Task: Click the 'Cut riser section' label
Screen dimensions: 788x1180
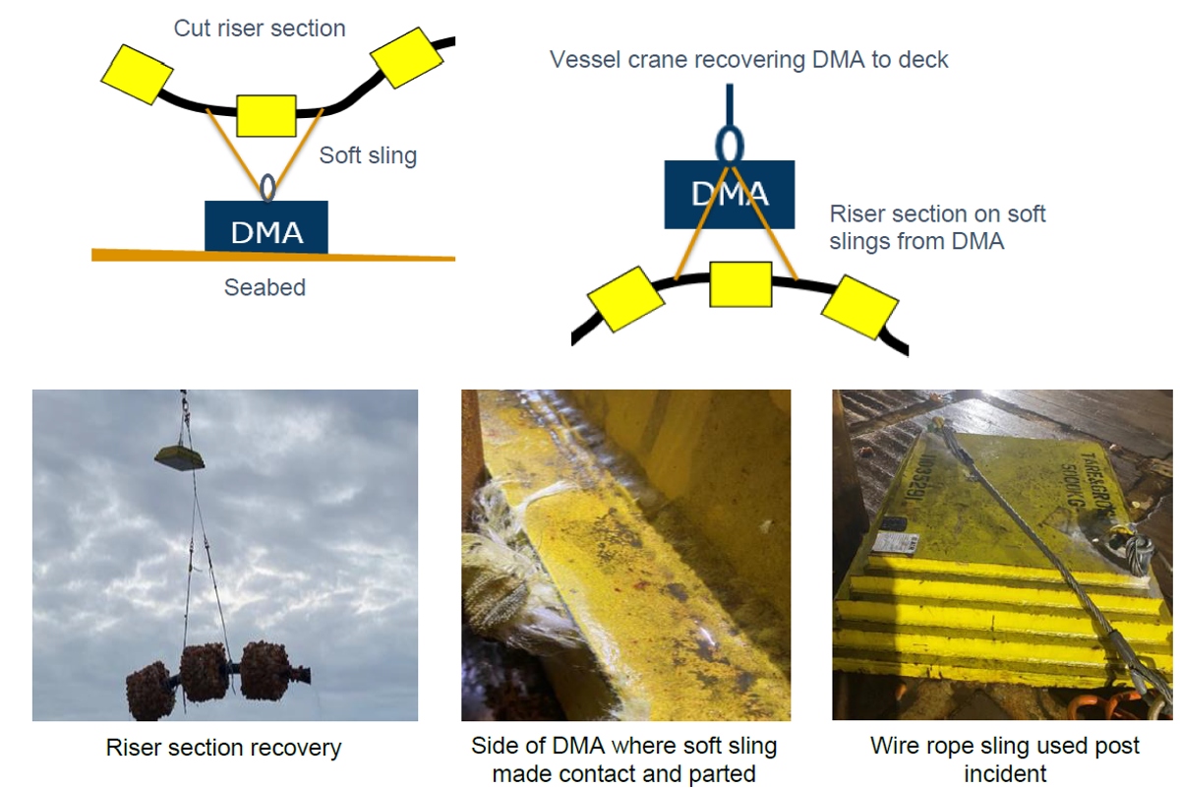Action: [x=260, y=29]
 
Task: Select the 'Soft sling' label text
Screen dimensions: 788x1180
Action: [x=368, y=155]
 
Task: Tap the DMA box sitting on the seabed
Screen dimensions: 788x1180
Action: [x=266, y=227]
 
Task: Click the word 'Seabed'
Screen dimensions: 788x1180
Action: [x=265, y=288]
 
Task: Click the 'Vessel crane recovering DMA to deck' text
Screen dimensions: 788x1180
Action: [x=748, y=60]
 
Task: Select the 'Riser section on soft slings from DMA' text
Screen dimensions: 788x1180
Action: [x=937, y=227]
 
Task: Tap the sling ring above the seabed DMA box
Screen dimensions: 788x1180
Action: [x=267, y=186]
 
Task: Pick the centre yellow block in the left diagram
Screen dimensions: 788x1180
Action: [x=266, y=116]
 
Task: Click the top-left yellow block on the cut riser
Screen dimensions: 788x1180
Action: [x=137, y=73]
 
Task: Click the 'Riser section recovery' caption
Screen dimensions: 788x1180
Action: [x=223, y=749]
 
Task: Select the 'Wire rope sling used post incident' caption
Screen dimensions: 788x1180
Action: [x=1005, y=759]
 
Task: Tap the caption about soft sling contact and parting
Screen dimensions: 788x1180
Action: [x=623, y=759]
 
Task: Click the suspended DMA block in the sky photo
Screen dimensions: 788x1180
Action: [x=179, y=455]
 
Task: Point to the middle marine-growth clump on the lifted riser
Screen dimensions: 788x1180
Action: [x=204, y=672]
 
